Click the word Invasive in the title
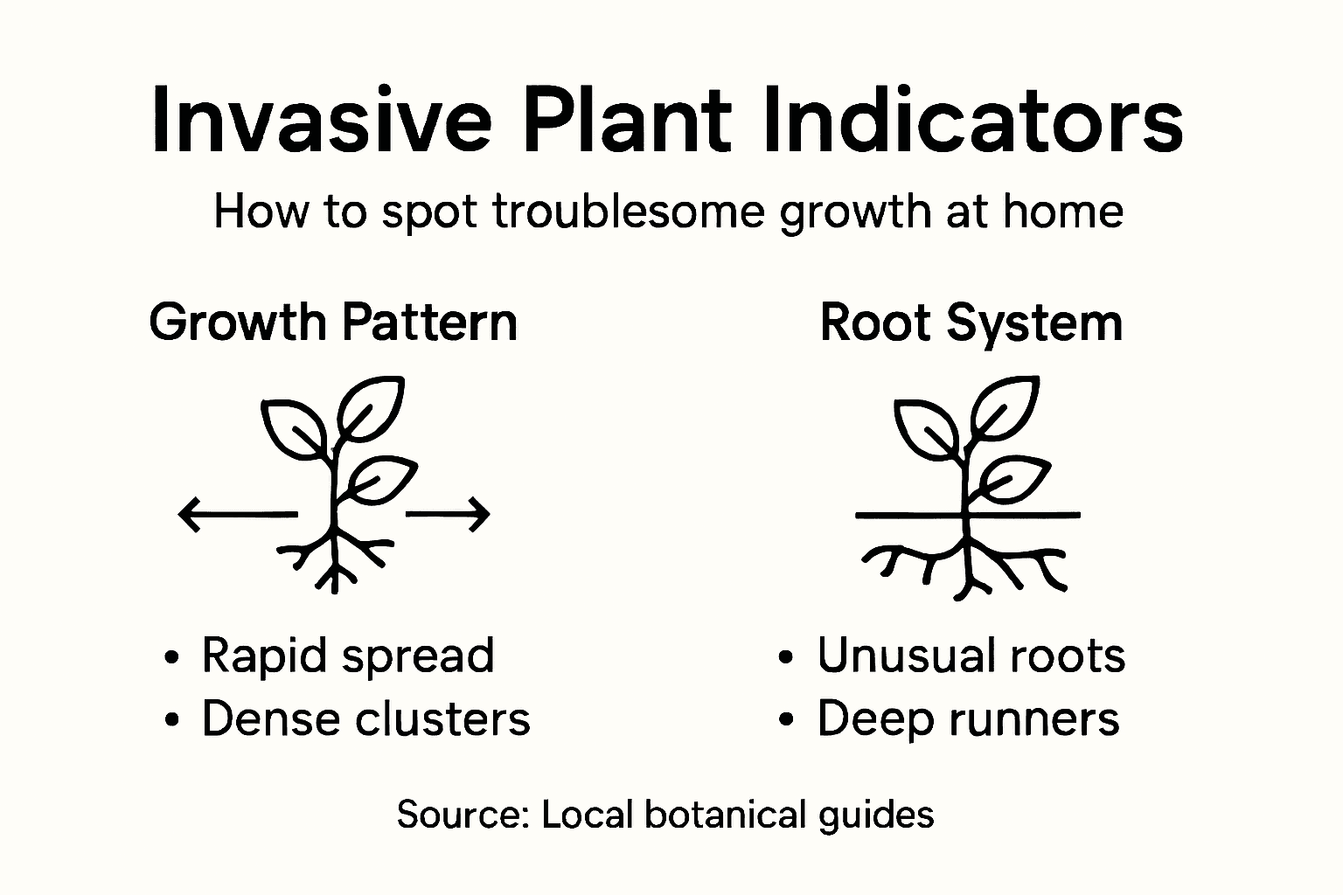pyautogui.click(x=321, y=121)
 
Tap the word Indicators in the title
pyautogui.click(x=972, y=121)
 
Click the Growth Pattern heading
pyautogui.click(x=333, y=323)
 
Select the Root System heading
pyautogui.click(x=971, y=323)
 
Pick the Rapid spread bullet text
pyautogui.click(x=348, y=656)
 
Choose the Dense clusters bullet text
pyautogui.click(x=365, y=719)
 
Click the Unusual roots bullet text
pyautogui.click(x=971, y=656)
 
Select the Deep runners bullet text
pyautogui.click(x=968, y=719)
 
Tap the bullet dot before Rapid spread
pyautogui.click(x=172, y=657)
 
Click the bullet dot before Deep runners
pyautogui.click(x=787, y=721)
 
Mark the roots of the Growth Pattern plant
pyautogui.click(x=334, y=559)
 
